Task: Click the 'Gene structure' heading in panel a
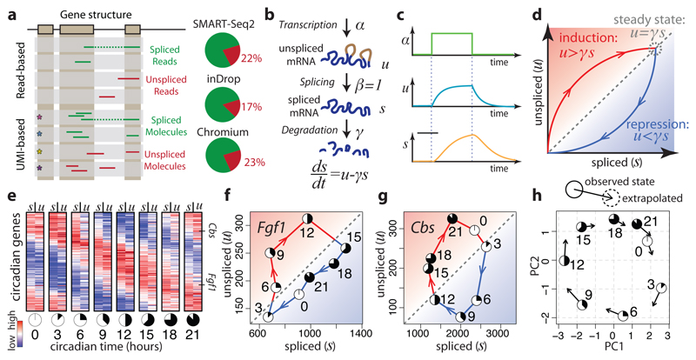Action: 90,14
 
